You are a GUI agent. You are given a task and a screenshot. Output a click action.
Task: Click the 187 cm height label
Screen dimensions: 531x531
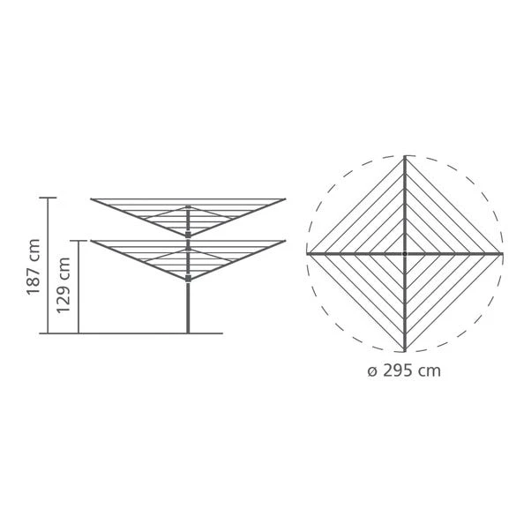34,266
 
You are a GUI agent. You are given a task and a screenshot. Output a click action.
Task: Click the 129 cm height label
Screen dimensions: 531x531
64,286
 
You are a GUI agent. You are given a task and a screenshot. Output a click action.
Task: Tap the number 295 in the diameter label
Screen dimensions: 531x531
400,370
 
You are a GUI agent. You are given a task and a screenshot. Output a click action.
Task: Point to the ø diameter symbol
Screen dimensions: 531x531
371,371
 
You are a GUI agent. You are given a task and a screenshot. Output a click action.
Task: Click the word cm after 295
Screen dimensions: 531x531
430,370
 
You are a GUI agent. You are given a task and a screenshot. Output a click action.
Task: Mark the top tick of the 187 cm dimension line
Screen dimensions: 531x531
49,198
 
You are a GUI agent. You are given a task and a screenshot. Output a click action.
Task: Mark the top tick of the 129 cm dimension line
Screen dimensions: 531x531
79,241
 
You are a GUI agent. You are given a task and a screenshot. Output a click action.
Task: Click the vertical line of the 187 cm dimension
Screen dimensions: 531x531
49,265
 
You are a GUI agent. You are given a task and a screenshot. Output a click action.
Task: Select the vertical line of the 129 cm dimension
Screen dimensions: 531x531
79,287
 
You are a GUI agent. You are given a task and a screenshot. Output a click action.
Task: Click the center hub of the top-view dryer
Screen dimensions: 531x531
405,253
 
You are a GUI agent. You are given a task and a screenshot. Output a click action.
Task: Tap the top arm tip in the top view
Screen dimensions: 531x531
405,157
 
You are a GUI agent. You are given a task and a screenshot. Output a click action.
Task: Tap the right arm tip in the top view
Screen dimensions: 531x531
502,253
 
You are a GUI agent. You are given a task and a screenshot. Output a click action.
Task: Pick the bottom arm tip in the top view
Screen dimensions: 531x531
405,350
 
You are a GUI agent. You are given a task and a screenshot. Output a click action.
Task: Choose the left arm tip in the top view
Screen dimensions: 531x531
308,253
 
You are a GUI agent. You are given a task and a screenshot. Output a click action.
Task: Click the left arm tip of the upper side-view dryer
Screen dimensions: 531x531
92,199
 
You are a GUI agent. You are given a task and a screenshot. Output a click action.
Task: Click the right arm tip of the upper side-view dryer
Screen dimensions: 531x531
285,199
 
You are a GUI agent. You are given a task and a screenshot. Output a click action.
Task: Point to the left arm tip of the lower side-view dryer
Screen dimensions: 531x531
92,241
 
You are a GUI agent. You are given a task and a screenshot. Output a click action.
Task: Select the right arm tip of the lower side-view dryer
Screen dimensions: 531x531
285,241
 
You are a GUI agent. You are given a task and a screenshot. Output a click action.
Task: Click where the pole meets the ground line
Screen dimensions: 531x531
188,333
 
